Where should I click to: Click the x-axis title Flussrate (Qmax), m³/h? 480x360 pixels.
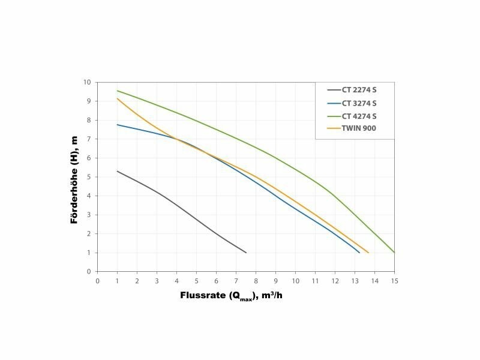(231, 296)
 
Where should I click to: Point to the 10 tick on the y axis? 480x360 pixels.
(87, 82)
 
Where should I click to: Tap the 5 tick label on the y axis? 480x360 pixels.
(88, 177)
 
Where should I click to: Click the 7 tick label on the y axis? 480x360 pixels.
(88, 139)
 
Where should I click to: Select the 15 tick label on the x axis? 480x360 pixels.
(394, 280)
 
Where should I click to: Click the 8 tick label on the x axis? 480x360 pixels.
(256, 280)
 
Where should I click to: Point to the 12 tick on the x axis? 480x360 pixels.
(335, 280)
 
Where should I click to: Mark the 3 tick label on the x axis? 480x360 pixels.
(157, 280)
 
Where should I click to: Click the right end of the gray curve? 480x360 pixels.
(246, 253)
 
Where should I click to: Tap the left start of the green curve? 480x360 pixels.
(118, 91)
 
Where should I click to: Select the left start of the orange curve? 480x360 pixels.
(118, 98)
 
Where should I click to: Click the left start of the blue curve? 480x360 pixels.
(118, 125)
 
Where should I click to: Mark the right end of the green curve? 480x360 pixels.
(394, 253)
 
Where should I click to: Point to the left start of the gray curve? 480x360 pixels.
(118, 171)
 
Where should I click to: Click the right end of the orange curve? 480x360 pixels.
(368, 253)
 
